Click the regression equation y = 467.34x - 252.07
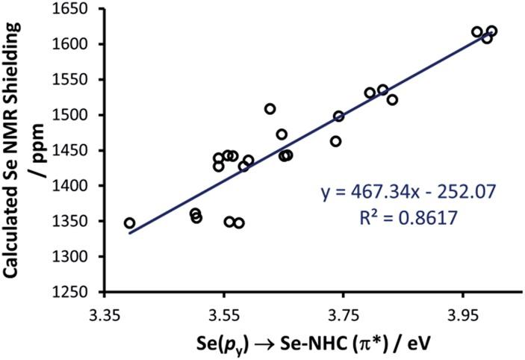click(x=408, y=193)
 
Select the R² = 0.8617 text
click(x=408, y=219)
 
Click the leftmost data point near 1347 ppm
click(x=129, y=223)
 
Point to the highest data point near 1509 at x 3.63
click(x=270, y=109)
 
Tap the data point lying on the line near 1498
click(x=338, y=117)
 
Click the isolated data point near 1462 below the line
click(x=335, y=141)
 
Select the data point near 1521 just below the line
click(x=392, y=100)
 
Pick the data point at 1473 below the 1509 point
click(x=282, y=134)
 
